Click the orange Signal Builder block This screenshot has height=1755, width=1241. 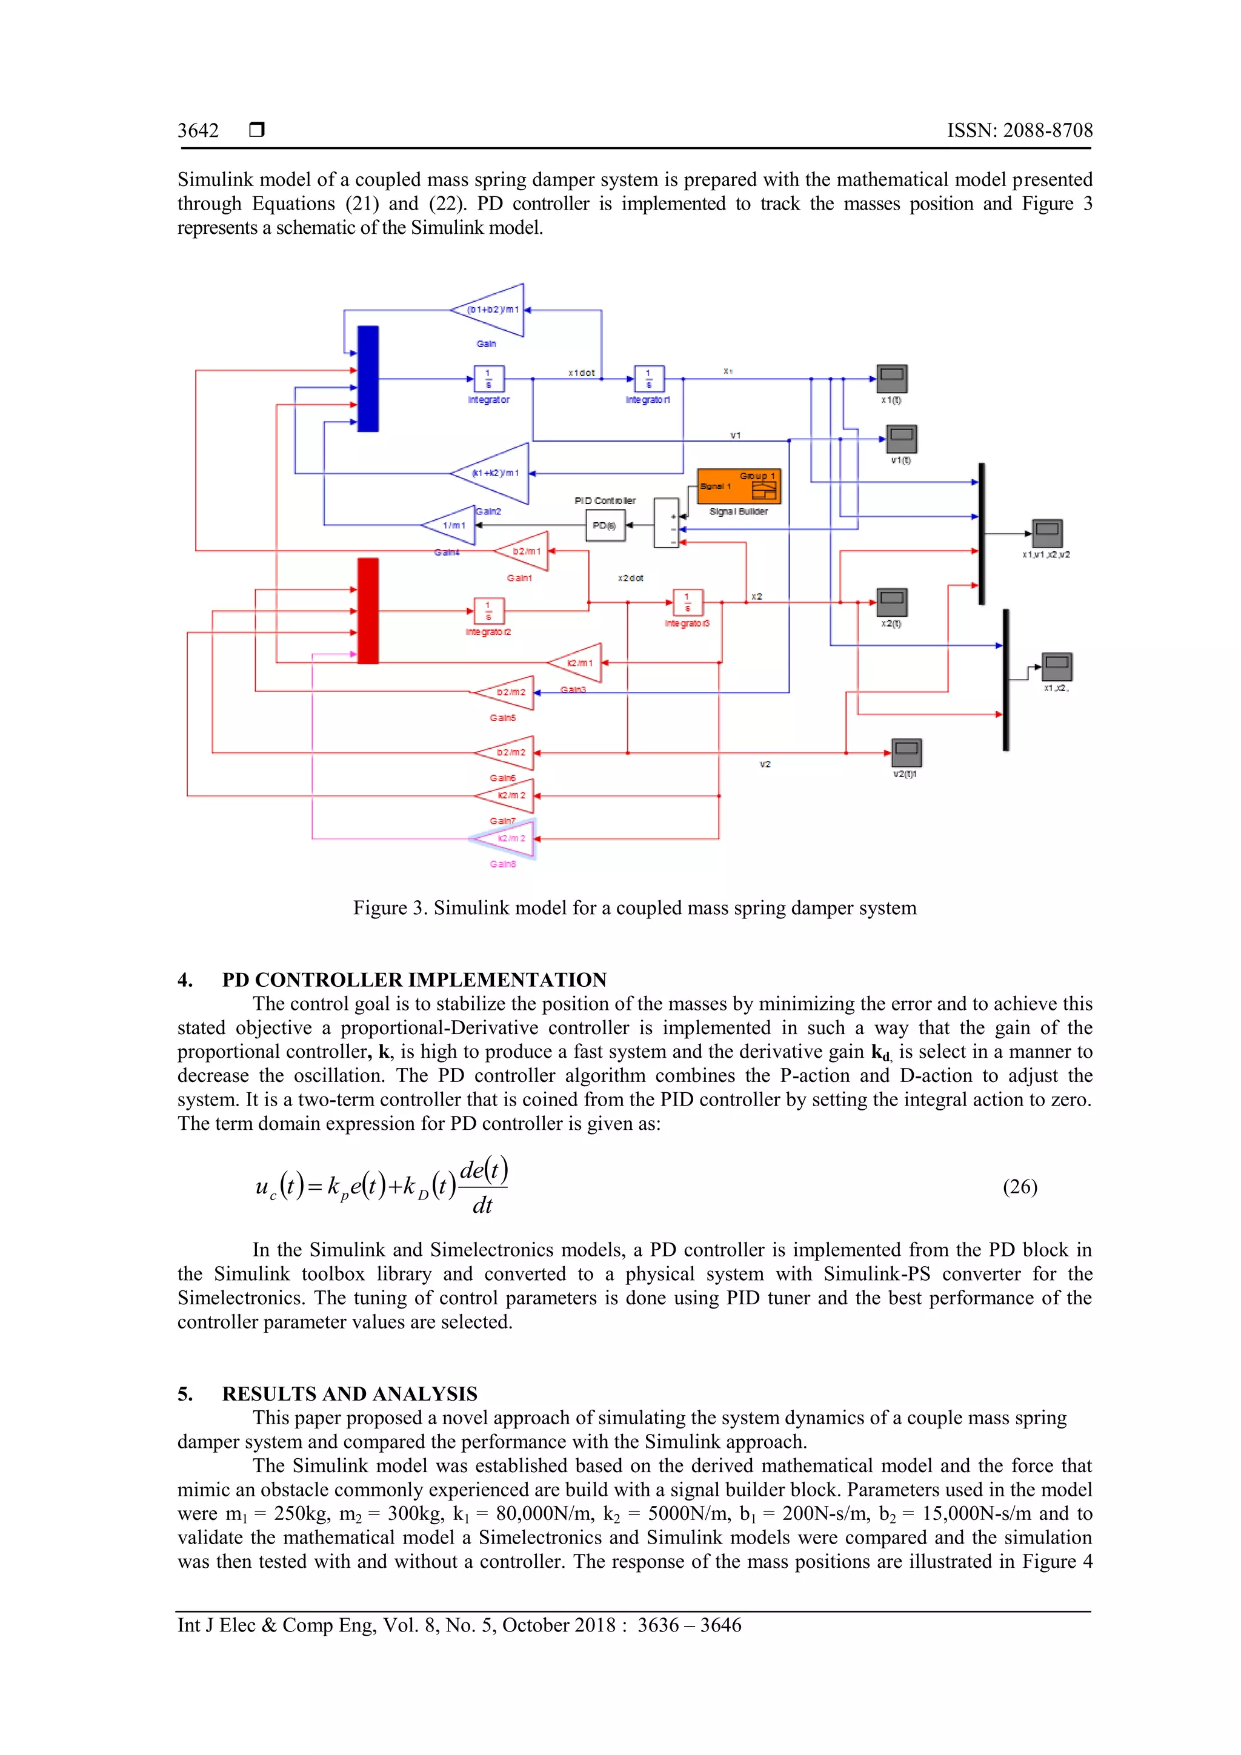[x=739, y=486]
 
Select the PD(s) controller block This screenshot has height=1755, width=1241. [x=605, y=525]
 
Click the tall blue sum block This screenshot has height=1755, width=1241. [x=368, y=379]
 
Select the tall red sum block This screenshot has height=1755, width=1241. [x=368, y=610]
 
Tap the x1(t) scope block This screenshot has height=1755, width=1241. [x=891, y=379]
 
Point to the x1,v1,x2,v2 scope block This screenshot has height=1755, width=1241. [x=1046, y=532]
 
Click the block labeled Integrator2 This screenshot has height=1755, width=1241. [x=488, y=611]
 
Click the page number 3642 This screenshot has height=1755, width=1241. [x=198, y=131]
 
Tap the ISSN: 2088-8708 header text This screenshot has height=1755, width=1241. [x=1019, y=131]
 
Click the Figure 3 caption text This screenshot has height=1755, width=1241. [x=634, y=908]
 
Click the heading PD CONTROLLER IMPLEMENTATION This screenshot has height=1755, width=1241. [x=414, y=980]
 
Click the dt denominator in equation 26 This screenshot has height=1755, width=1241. [x=482, y=1206]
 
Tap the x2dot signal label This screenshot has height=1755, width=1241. [x=630, y=578]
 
